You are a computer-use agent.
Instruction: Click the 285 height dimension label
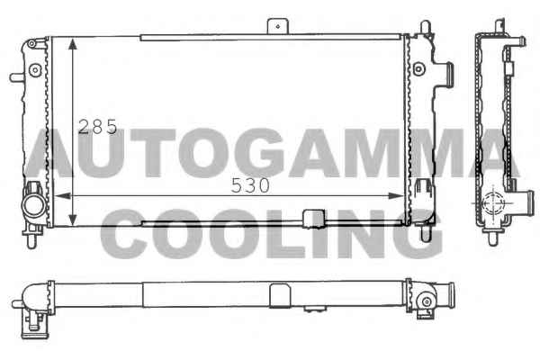click(x=98, y=127)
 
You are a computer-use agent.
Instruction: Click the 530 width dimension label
click(x=250, y=185)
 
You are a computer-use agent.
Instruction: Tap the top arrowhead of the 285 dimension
click(x=73, y=44)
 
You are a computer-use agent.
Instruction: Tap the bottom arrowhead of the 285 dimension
click(x=73, y=220)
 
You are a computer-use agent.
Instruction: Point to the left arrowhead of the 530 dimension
click(x=61, y=195)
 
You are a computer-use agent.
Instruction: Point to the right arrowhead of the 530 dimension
click(x=396, y=195)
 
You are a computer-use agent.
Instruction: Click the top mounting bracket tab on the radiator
click(x=277, y=26)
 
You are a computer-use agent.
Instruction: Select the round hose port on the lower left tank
click(x=34, y=206)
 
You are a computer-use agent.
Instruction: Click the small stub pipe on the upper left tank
click(x=16, y=76)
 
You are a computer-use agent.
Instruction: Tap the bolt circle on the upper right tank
click(x=418, y=69)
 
